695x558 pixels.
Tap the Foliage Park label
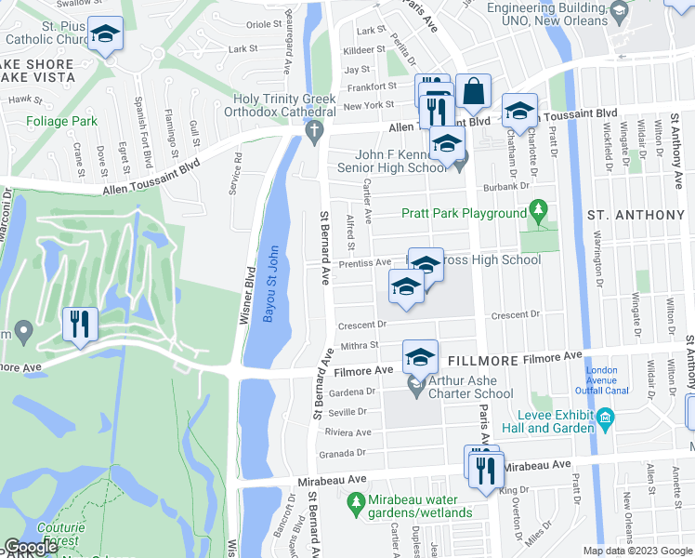click(62, 122)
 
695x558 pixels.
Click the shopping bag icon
click(473, 92)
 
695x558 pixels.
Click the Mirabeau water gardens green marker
click(354, 503)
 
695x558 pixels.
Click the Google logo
click(32, 547)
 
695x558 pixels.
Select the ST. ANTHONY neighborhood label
click(636, 215)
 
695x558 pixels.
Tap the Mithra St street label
click(361, 345)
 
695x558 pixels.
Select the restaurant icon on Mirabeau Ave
click(483, 470)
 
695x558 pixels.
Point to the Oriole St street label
click(263, 25)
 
